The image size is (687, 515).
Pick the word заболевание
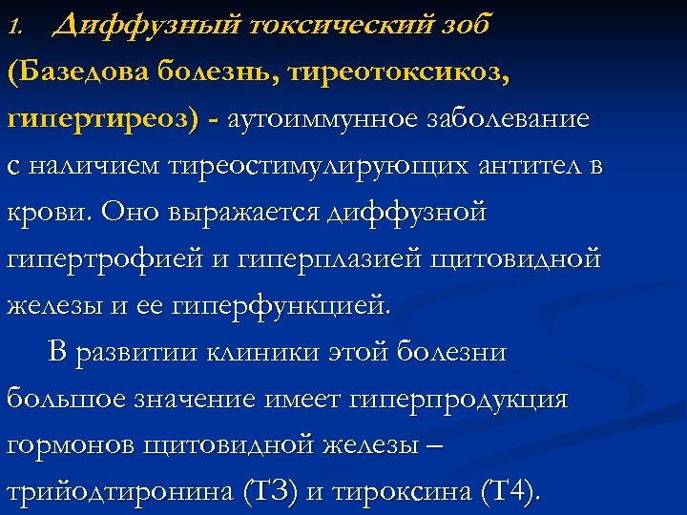506,120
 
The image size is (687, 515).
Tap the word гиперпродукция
463,400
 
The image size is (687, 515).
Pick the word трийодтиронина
139,493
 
